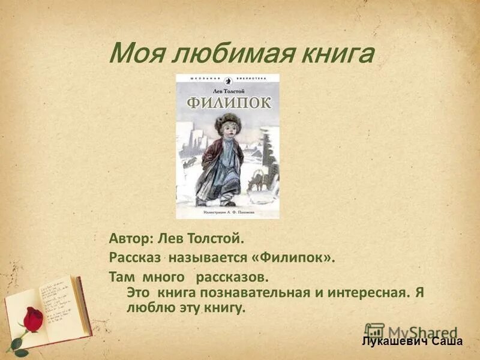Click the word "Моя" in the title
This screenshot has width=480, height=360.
134,55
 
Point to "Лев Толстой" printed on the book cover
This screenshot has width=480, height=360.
227,88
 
